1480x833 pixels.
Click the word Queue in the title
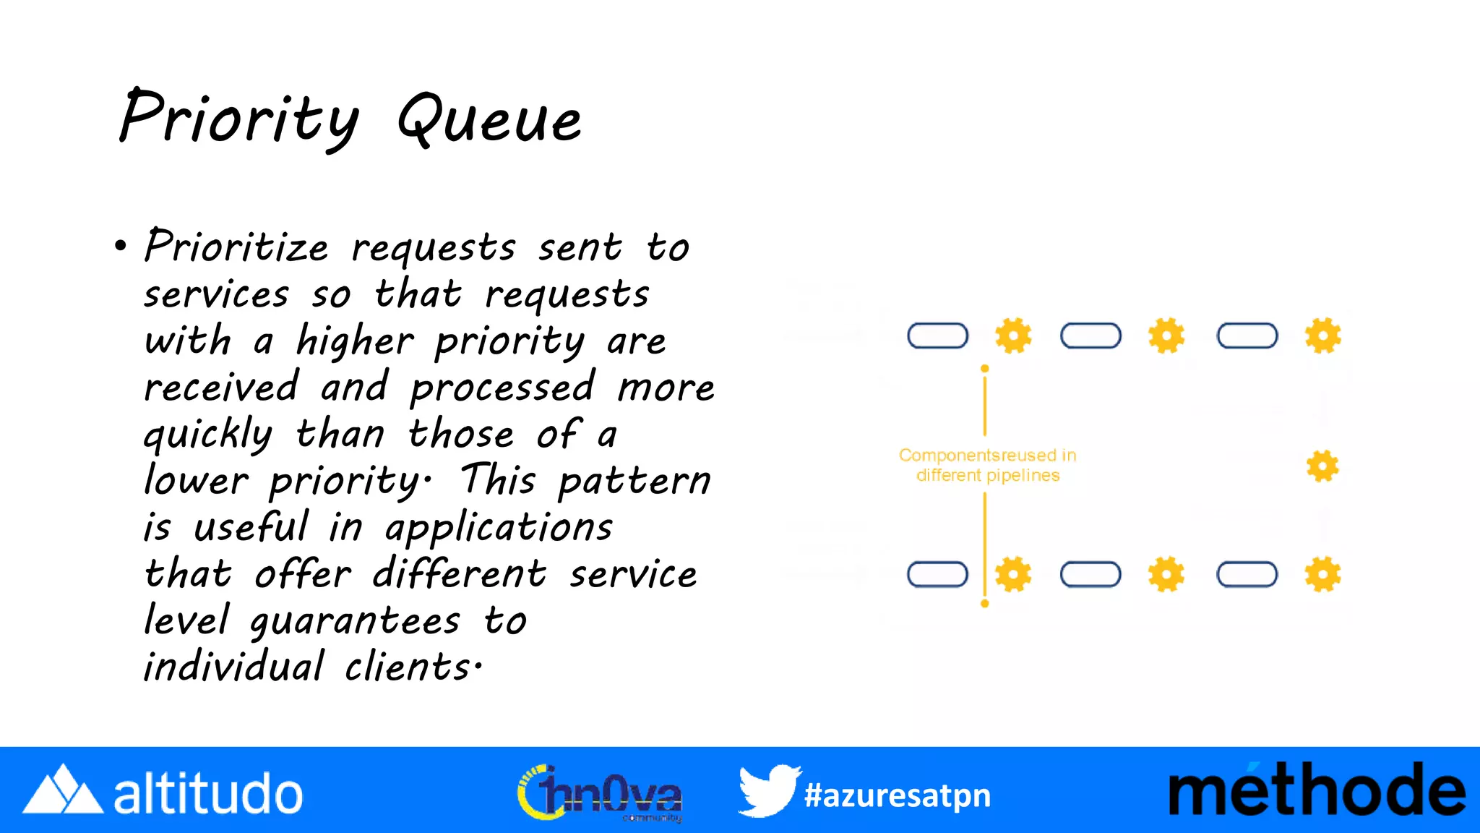(x=490, y=120)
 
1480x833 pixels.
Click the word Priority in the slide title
(x=238, y=117)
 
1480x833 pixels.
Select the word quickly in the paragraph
(x=208, y=435)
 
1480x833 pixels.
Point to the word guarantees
(x=355, y=621)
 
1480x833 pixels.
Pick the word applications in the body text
(x=499, y=528)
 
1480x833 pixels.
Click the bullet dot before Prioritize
(x=121, y=247)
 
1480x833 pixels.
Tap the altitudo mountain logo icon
(x=63, y=790)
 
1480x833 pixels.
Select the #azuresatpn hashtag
(x=898, y=795)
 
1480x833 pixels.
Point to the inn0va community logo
(x=600, y=793)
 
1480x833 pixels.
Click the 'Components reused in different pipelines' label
(x=987, y=465)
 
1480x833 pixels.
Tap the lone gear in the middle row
(x=1322, y=466)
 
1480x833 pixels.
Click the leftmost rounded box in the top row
(x=937, y=336)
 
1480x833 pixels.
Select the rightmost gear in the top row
(x=1322, y=336)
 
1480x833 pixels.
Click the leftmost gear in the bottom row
(x=1013, y=575)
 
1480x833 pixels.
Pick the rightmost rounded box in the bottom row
(x=1247, y=575)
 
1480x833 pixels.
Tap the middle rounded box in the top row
(x=1090, y=336)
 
